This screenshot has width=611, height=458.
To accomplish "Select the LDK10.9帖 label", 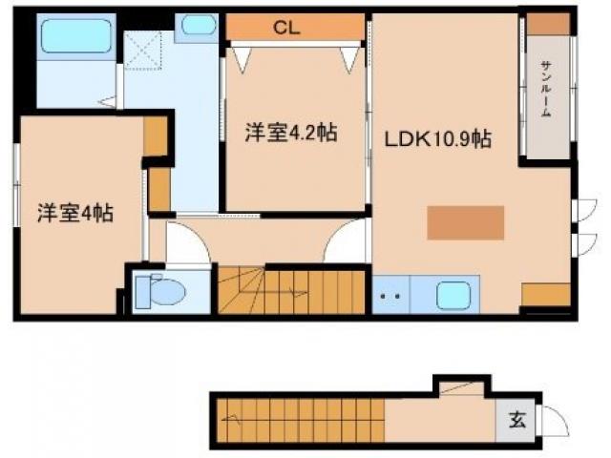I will tap(437, 139).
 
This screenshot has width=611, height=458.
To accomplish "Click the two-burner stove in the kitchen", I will tap(390, 296).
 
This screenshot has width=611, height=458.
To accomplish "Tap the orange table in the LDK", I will tap(465, 222).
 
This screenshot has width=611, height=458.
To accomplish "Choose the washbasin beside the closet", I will tap(199, 25).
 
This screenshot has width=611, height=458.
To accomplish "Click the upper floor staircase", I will tap(291, 291).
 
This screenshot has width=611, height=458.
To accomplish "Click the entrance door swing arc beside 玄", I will tap(552, 420).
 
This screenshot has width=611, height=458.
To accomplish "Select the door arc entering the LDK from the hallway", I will tap(347, 243).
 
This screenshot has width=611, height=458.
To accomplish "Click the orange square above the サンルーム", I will tap(546, 23).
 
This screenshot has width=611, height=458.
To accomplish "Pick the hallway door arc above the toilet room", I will tap(185, 247).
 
